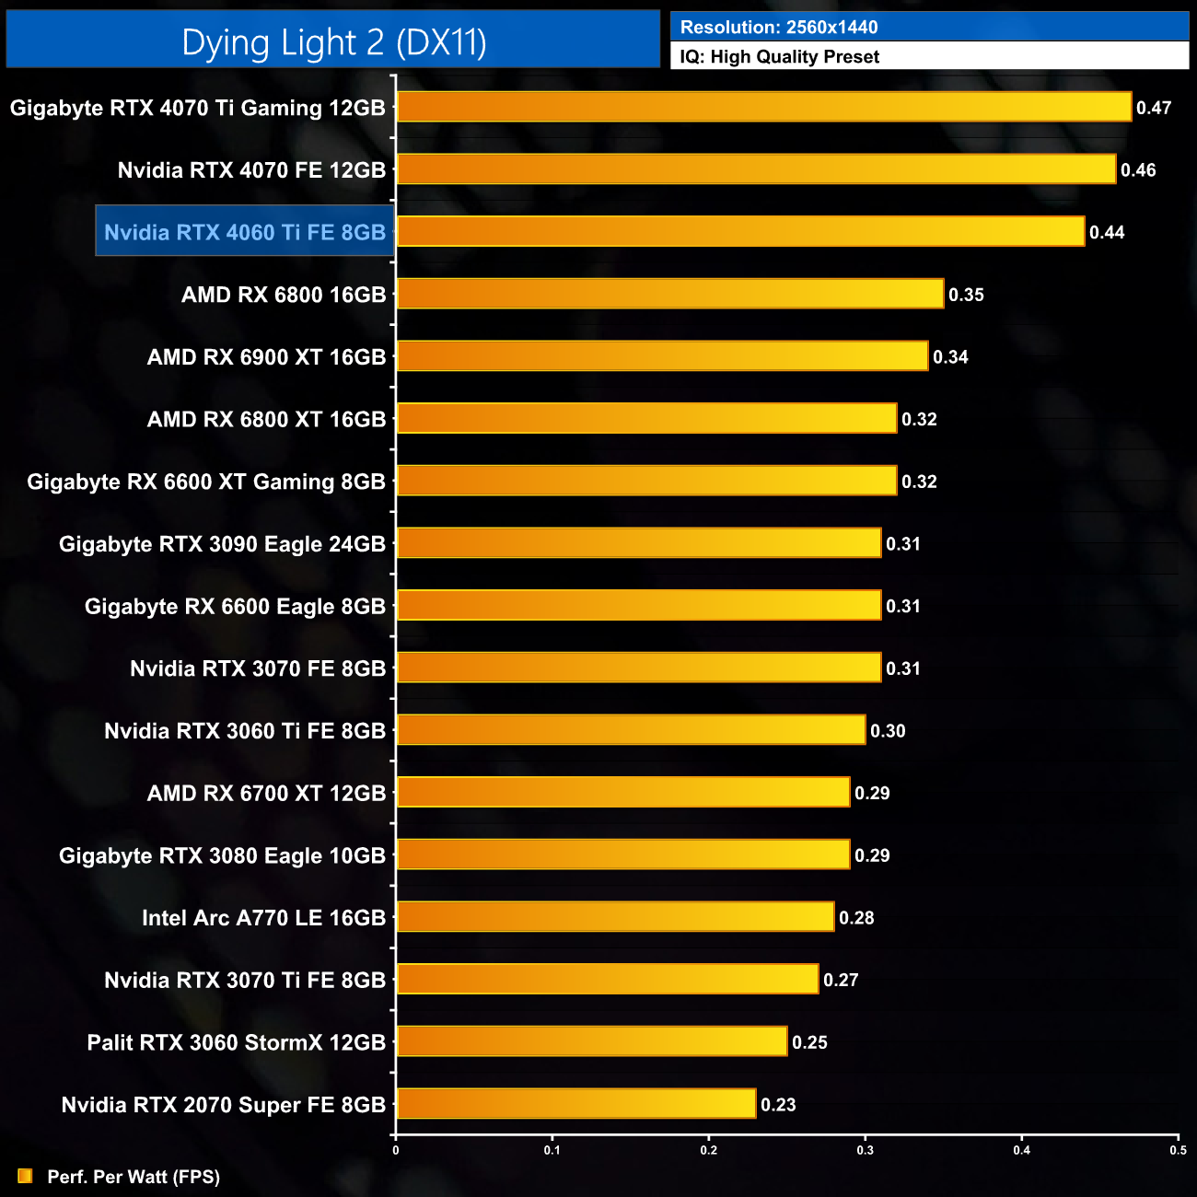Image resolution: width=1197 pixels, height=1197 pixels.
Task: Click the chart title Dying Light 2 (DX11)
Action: tap(333, 42)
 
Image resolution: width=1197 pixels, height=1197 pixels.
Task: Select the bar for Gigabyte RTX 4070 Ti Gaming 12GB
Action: tap(763, 107)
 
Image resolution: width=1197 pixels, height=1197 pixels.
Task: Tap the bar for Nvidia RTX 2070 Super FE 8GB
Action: tap(575, 1103)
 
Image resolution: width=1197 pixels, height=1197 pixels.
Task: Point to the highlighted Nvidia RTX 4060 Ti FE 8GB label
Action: tap(245, 232)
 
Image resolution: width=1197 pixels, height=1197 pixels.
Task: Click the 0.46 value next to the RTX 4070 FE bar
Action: tap(1138, 170)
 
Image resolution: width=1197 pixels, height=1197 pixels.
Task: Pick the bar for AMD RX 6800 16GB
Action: tap(669, 294)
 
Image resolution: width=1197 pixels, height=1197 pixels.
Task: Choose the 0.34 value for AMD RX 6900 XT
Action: tap(950, 357)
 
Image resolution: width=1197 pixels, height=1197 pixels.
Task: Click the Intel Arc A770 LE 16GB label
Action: tap(263, 918)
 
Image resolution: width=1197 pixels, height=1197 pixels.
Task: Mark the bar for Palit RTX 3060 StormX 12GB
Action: tap(591, 1041)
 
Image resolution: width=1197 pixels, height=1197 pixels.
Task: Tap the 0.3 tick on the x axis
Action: tap(866, 1150)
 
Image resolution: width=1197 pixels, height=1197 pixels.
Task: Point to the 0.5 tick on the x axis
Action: tap(1178, 1150)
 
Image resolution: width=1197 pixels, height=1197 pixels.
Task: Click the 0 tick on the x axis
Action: tap(396, 1150)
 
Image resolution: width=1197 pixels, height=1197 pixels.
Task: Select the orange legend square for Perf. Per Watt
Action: tap(25, 1176)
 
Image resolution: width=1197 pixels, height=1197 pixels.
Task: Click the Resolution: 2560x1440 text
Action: tap(779, 28)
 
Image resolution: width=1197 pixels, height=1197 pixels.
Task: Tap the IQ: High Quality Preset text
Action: tap(780, 57)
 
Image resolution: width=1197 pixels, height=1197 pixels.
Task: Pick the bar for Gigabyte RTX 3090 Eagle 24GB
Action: tap(638, 543)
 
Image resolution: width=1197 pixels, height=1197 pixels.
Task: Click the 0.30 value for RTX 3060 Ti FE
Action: tap(888, 731)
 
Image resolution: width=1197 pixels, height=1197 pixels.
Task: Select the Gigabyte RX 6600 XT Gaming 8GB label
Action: tap(206, 482)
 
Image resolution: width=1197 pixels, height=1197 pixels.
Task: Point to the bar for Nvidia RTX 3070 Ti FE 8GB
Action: tap(607, 979)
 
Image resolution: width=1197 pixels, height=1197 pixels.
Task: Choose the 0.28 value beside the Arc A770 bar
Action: tap(856, 918)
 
